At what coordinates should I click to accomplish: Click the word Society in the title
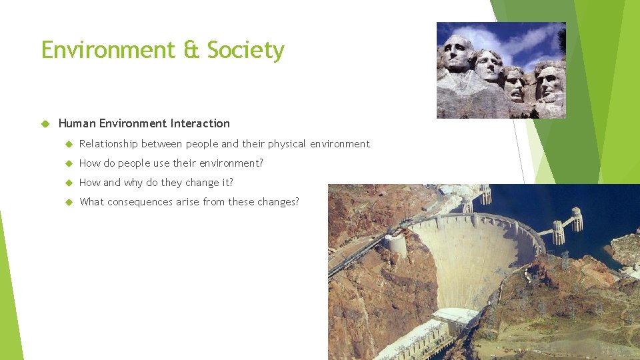coord(245,51)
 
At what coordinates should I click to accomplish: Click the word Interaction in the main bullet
coord(200,123)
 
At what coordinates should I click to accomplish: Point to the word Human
coord(77,123)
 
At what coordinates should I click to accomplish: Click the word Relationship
coord(108,144)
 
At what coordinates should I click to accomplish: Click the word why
coord(134,183)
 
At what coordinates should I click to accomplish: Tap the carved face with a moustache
coord(514,83)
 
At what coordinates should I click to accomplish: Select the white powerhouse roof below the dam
coord(455,315)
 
